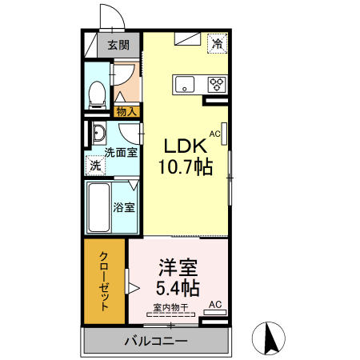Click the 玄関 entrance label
(x=118, y=46)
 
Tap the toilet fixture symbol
(x=97, y=94)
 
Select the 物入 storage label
(x=126, y=112)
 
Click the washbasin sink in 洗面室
(x=97, y=133)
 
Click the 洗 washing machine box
(x=95, y=166)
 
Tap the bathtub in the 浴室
(x=98, y=208)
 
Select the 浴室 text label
(x=123, y=207)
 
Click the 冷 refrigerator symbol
(x=217, y=44)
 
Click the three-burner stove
(x=218, y=83)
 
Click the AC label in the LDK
(x=214, y=134)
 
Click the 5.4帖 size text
(x=177, y=286)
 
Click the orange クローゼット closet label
(x=105, y=281)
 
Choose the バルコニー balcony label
(x=155, y=342)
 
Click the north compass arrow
(x=270, y=338)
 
